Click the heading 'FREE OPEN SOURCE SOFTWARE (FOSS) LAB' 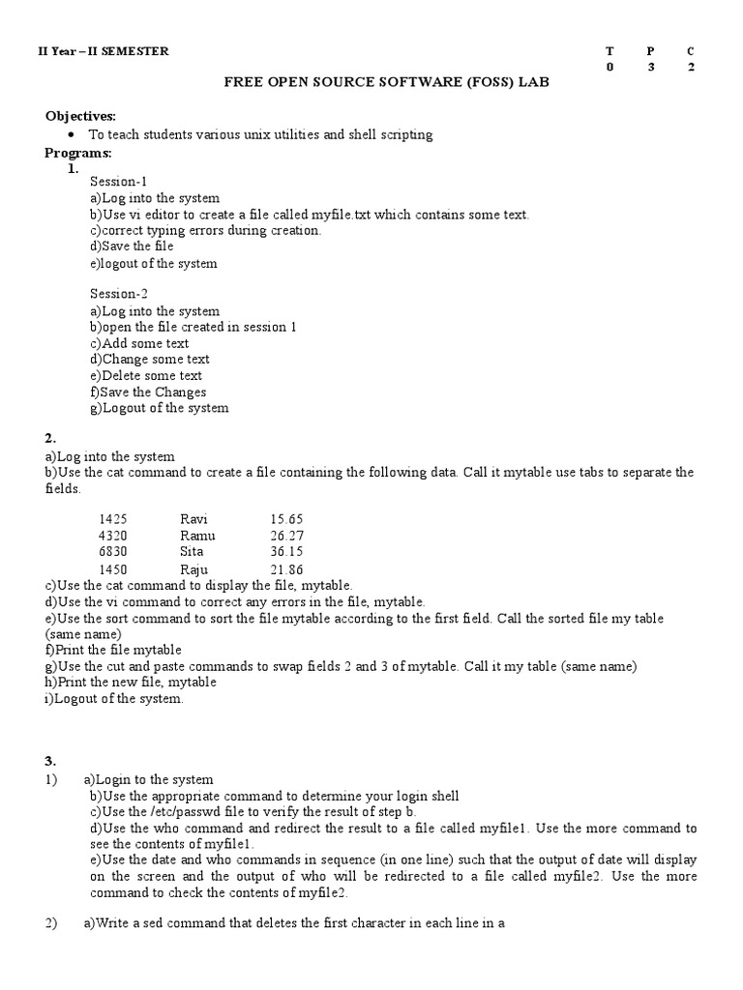pyautogui.click(x=386, y=84)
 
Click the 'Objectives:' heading pyautogui.click(x=80, y=116)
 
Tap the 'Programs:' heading pyautogui.click(x=78, y=153)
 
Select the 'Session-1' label pyautogui.click(x=119, y=181)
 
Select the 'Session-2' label pyautogui.click(x=119, y=294)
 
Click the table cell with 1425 pyautogui.click(x=113, y=519)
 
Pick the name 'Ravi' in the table pyautogui.click(x=193, y=519)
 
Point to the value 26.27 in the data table pyautogui.click(x=287, y=536)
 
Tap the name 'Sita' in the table pyautogui.click(x=193, y=552)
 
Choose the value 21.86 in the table pyautogui.click(x=287, y=569)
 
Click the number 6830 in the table pyautogui.click(x=113, y=552)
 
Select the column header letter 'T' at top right pyautogui.click(x=609, y=51)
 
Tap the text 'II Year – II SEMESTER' pyautogui.click(x=103, y=51)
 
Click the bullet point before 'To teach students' pyautogui.click(x=73, y=135)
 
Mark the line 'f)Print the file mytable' pyautogui.click(x=113, y=650)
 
